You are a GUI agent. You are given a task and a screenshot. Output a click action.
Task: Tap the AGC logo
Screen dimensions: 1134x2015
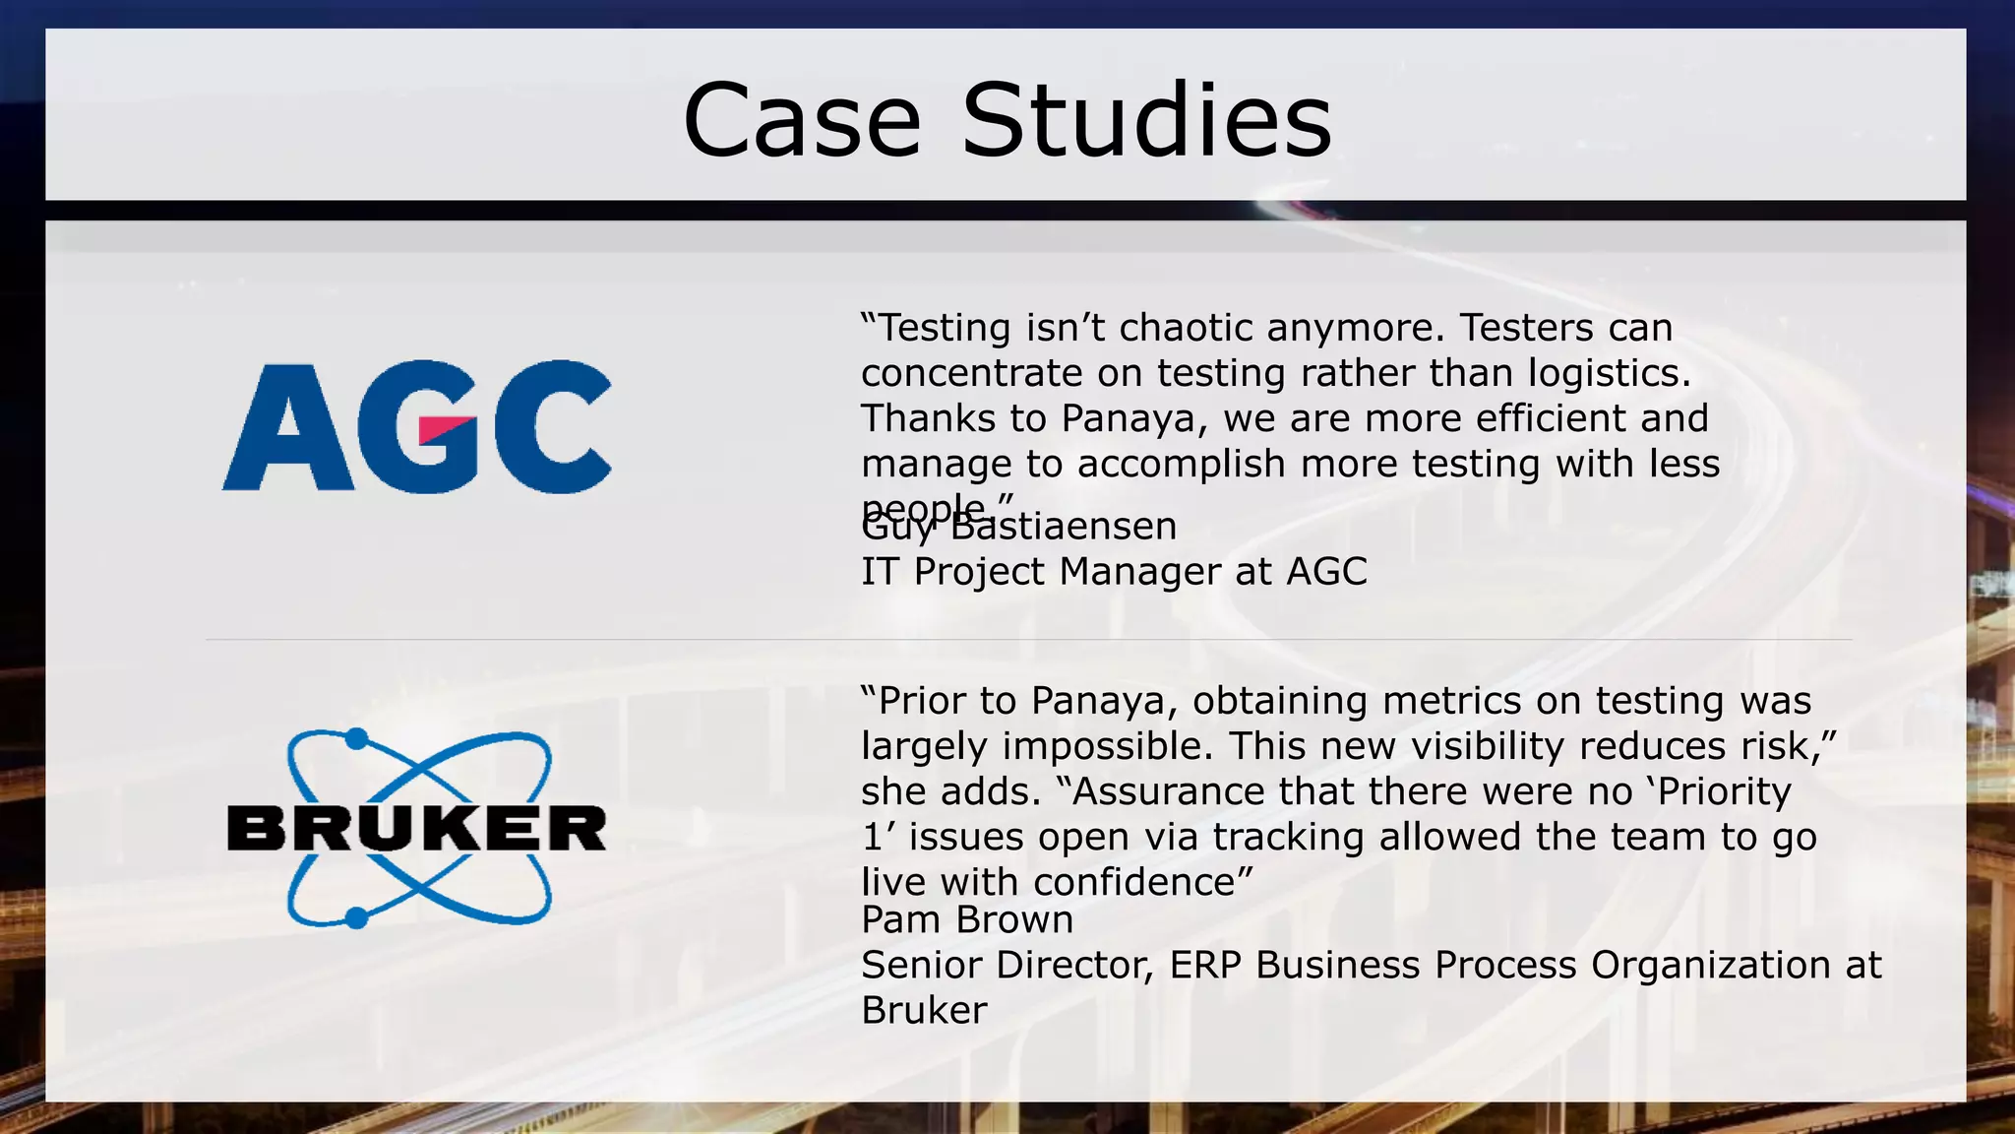point(417,426)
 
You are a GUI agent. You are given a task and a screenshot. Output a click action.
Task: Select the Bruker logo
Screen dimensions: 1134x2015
point(417,829)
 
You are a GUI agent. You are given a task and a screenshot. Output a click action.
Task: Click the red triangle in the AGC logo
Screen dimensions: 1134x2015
point(445,429)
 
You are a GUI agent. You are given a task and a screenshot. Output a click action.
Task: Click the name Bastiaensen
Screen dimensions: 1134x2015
point(1064,527)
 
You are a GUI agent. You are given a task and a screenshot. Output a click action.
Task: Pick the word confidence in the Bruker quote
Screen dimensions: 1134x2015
point(1134,882)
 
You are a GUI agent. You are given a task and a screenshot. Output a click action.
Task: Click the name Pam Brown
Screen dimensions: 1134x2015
point(966,920)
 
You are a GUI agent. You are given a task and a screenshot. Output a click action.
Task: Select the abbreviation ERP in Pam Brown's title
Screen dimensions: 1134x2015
point(1205,966)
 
